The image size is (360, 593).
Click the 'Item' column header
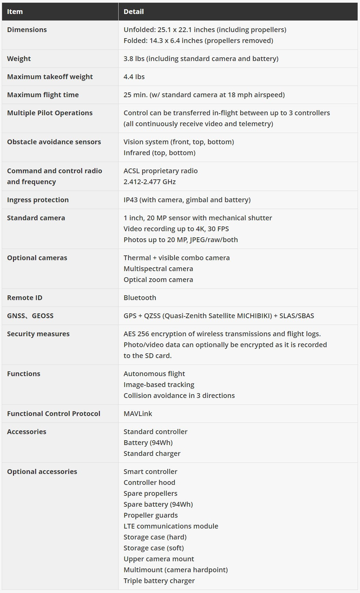pos(15,12)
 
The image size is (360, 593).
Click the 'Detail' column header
pos(134,12)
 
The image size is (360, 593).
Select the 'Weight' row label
pos(19,59)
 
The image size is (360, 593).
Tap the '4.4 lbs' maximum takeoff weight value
pos(134,77)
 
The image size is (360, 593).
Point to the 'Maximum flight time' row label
pos(43,95)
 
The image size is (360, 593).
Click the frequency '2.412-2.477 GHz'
pos(150,182)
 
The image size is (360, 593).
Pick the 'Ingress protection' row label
pos(38,200)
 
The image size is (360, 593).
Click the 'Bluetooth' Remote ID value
pos(140,298)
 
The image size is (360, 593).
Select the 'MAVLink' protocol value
pos(138,414)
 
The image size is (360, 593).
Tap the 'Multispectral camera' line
pos(158,269)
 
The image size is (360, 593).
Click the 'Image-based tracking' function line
pos(159,385)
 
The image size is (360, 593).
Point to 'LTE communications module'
pos(171,526)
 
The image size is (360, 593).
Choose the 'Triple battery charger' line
pos(159,581)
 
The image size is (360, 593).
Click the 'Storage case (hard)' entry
pos(155,537)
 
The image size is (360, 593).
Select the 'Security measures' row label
pos(38,334)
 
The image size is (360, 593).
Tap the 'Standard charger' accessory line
pos(152,454)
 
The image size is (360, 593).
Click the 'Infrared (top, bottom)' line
pos(160,153)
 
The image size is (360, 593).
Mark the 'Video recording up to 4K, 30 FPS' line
pos(176,229)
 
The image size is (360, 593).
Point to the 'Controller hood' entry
pos(149,483)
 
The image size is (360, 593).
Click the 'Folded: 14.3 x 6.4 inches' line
pos(198,41)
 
